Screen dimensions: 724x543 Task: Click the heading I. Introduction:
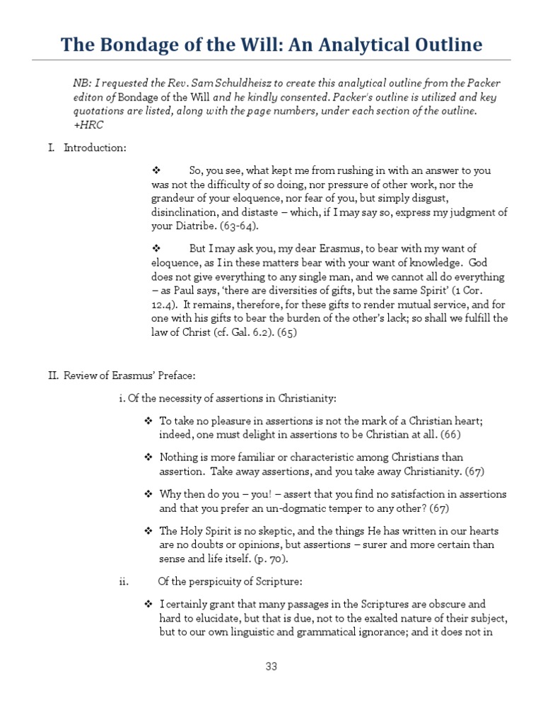coord(87,148)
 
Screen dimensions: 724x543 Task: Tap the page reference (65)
coord(286,333)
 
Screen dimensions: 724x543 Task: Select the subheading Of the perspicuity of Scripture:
coord(230,582)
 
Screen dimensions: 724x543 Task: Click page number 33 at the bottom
coord(271,666)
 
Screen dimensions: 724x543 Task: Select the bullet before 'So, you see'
coord(157,171)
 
